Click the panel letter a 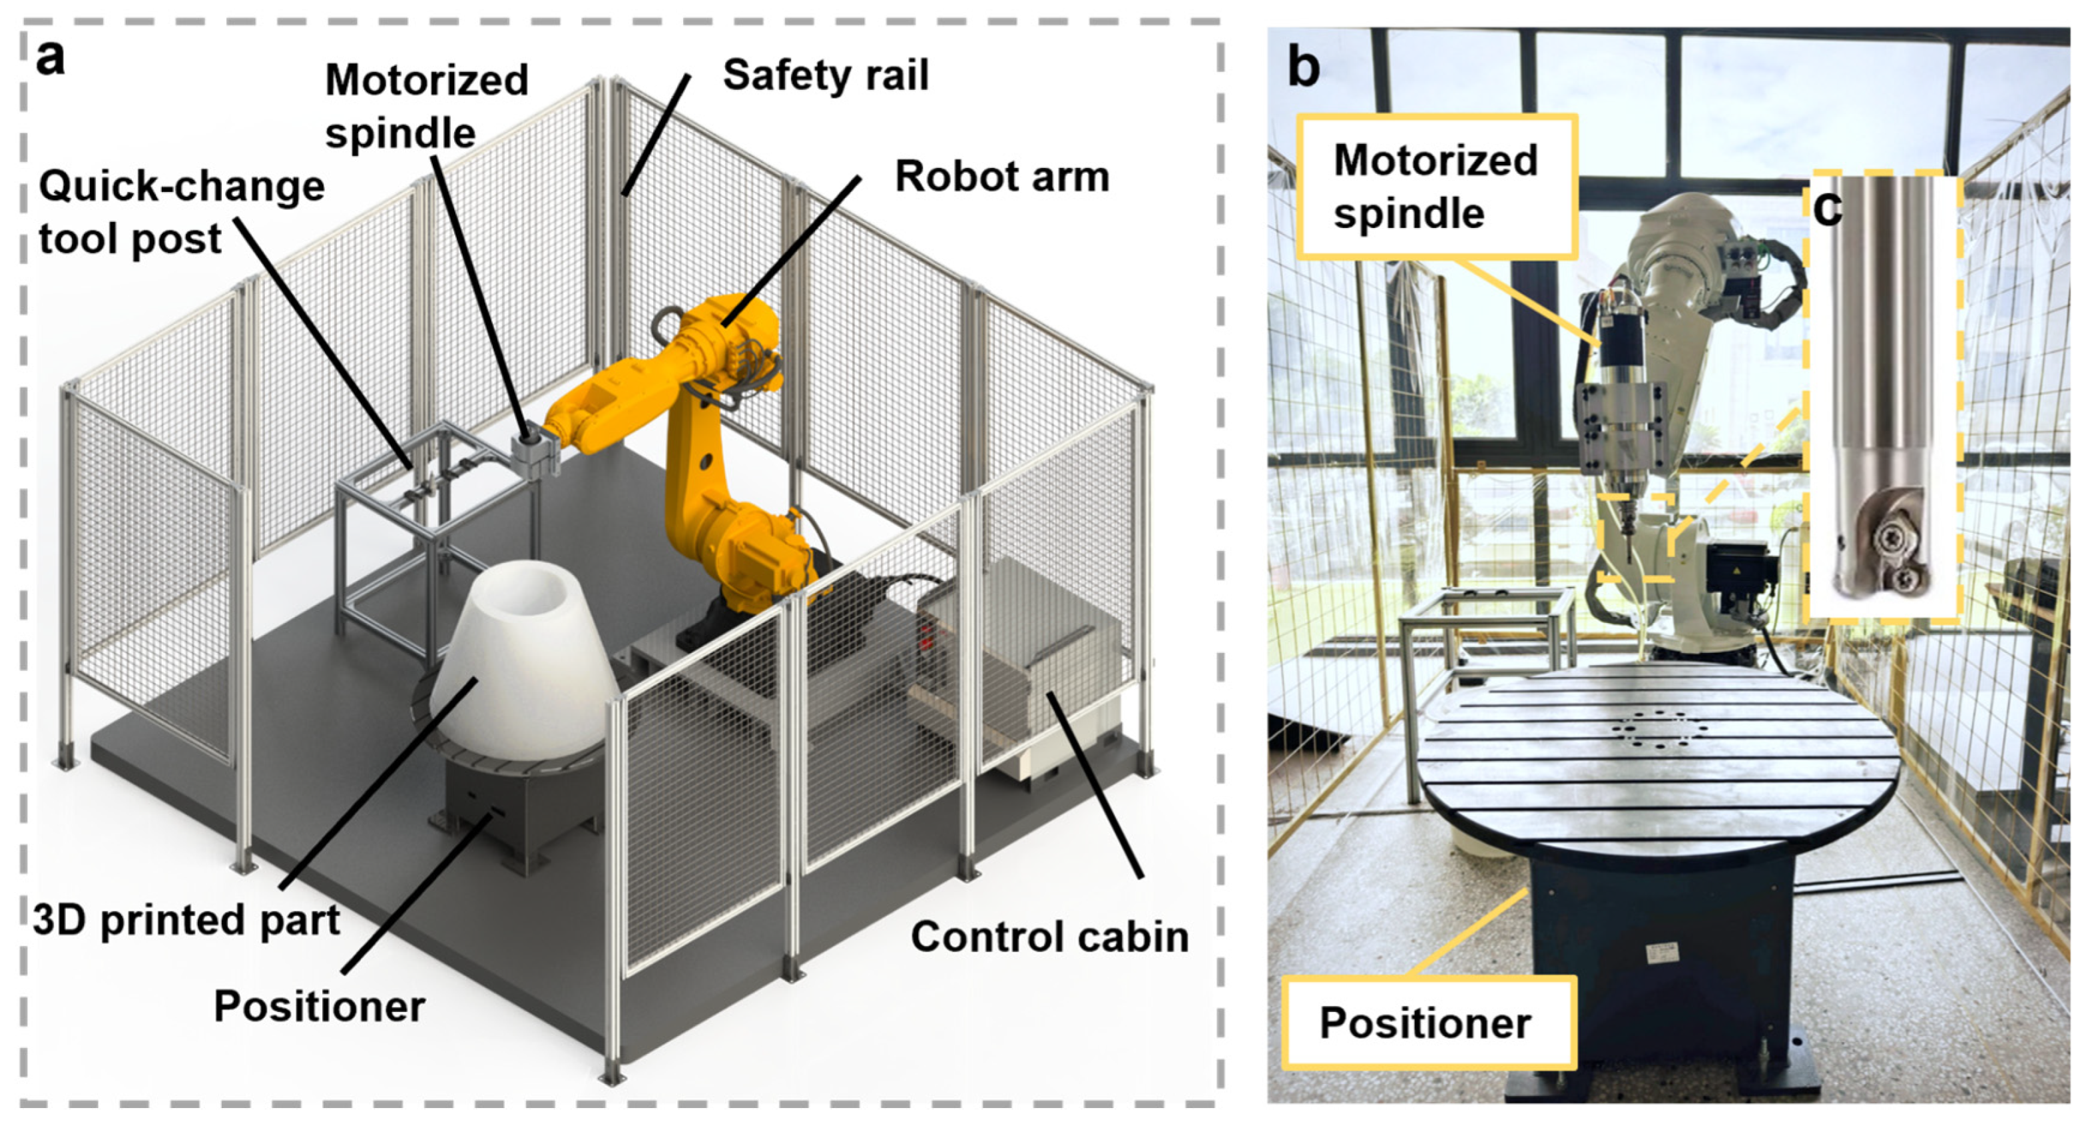(50, 59)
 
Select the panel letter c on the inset (1827, 207)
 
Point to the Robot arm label (1001, 177)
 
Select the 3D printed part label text (186, 920)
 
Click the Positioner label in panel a (319, 1007)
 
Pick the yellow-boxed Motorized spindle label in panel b (1435, 187)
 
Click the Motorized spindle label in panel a (426, 106)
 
